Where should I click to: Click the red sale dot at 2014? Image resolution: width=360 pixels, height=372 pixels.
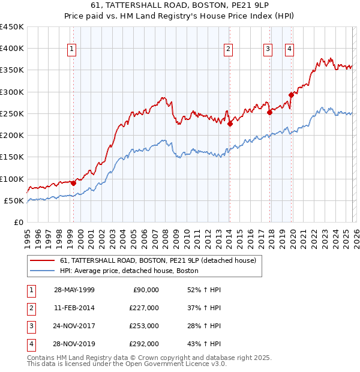230,124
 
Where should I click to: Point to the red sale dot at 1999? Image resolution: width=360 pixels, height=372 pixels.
73,183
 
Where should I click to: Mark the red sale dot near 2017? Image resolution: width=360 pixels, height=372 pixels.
270,112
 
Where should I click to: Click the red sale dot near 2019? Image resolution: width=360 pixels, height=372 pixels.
292,95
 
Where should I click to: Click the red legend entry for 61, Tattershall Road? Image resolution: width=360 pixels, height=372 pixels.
158,260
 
